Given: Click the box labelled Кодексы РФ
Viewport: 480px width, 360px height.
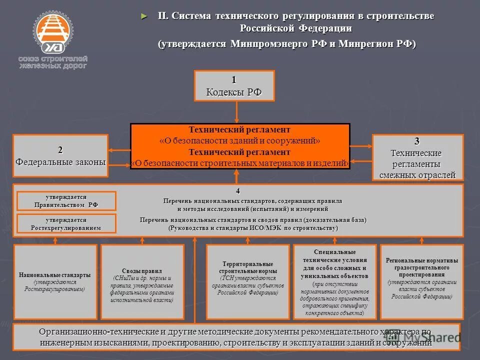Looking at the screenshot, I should coord(234,86).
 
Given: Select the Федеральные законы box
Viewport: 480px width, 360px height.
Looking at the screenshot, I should coord(60,155).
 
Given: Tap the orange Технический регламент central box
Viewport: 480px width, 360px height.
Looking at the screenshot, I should coord(240,146).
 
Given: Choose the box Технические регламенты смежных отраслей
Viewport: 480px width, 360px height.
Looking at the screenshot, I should coord(417,157).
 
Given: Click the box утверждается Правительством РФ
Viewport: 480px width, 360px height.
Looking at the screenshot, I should coord(66,201).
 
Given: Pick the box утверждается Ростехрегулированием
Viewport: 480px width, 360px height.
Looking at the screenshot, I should coord(66,223).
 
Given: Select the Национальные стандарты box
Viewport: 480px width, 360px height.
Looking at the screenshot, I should coord(55,282).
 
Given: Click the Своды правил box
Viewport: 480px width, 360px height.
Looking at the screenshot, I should coord(142,282).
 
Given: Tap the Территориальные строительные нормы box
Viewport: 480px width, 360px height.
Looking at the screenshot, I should coord(247,282).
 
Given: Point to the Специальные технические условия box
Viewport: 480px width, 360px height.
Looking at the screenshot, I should coord(335,282).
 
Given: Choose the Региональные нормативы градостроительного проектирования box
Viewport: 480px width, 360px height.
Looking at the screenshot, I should coord(421,282).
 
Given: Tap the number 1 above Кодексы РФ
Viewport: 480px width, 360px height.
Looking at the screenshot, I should coord(234,79).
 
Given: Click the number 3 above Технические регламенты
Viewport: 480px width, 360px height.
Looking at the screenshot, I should coord(417,140).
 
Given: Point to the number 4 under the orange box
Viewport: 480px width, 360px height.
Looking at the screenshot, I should coord(238,191).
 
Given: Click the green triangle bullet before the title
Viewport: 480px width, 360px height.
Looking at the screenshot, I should coord(145,16).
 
